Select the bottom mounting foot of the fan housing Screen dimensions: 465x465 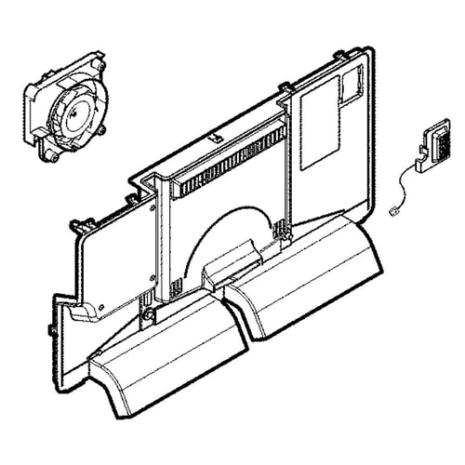[x=57, y=157]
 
